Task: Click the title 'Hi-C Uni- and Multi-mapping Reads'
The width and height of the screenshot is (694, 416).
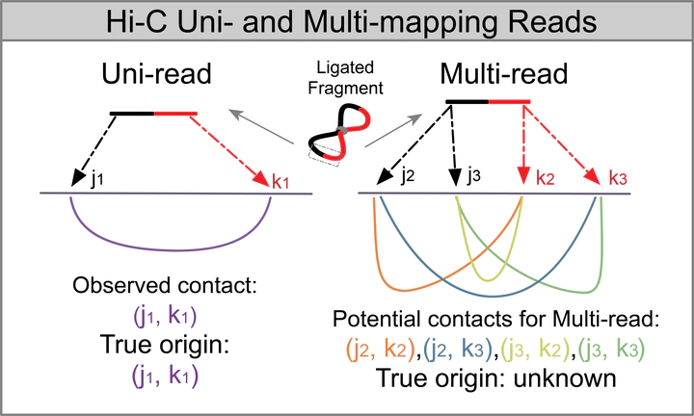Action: coord(346,19)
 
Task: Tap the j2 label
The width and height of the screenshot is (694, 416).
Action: coord(410,176)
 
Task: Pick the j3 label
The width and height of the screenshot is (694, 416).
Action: coord(471,176)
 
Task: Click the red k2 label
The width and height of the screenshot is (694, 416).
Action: coord(546,176)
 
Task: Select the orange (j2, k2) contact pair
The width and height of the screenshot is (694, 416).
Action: coord(370,348)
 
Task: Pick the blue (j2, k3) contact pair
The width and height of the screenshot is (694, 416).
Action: coord(450,348)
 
